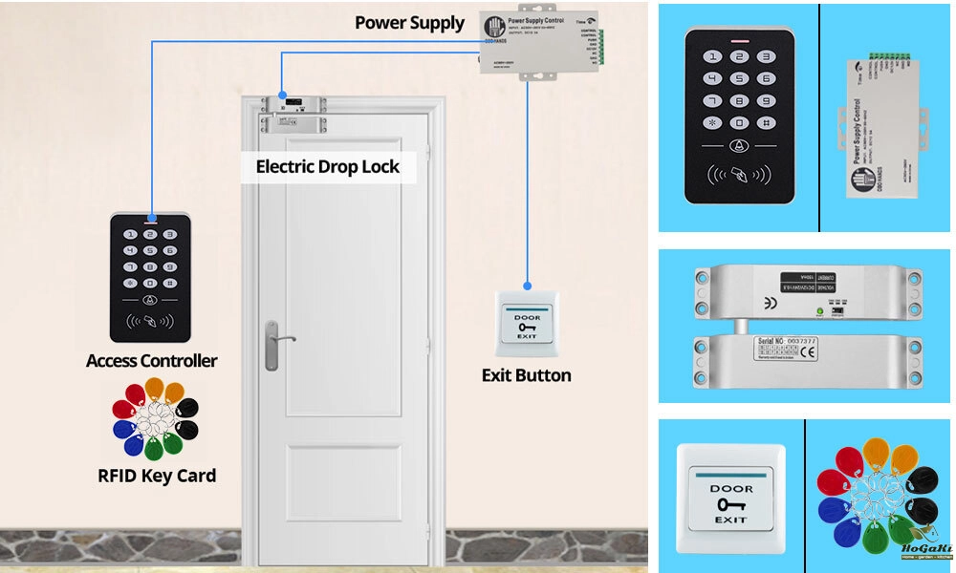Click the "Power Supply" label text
[409, 22]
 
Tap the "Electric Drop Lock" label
[327, 166]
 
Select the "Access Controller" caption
[151, 361]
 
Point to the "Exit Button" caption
[526, 375]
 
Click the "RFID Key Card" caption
[157, 475]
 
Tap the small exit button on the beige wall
[527, 324]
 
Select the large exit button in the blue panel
[730, 498]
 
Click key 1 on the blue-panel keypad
[711, 57]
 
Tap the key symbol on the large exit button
[730, 503]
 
